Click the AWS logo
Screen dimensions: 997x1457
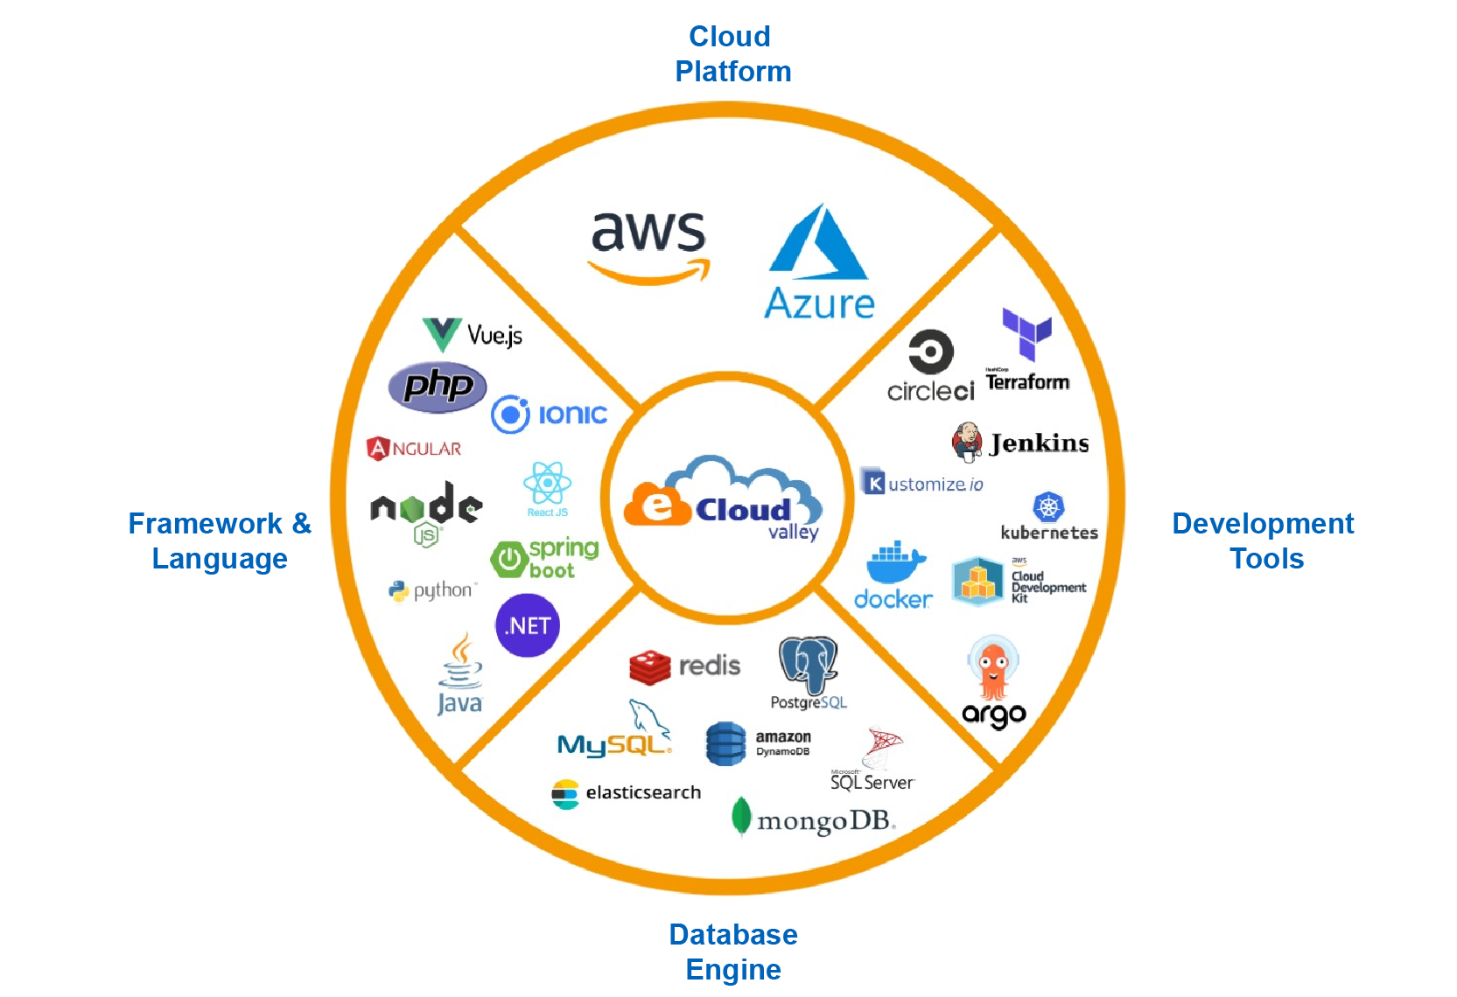(x=648, y=245)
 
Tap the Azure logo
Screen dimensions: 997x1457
(x=819, y=262)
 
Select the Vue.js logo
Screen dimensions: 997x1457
(x=472, y=335)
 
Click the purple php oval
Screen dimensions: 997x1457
(x=438, y=386)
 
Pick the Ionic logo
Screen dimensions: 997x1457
(x=549, y=414)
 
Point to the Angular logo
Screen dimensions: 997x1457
(x=414, y=449)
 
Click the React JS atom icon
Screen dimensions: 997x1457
(x=547, y=483)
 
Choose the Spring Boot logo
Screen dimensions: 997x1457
(x=544, y=558)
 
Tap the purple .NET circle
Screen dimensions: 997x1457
(x=528, y=625)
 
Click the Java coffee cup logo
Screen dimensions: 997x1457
(x=460, y=673)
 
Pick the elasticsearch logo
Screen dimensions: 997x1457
(x=626, y=793)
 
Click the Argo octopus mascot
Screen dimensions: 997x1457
(x=993, y=669)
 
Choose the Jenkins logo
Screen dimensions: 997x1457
(x=1020, y=443)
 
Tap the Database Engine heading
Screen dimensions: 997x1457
(x=733, y=952)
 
